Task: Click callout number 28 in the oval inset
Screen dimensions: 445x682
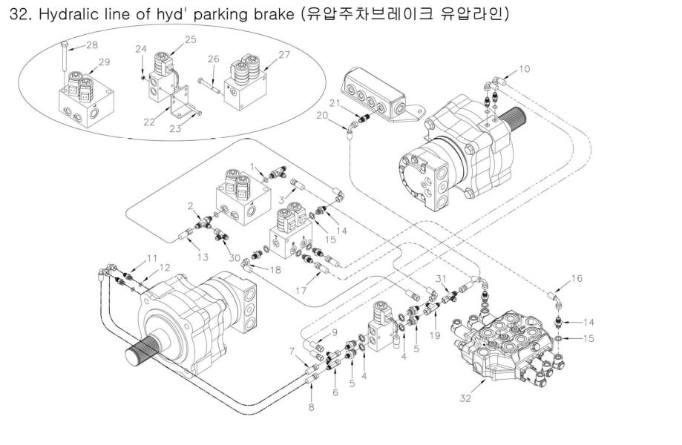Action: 91,46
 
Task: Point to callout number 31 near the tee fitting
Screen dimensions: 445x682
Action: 441,277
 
